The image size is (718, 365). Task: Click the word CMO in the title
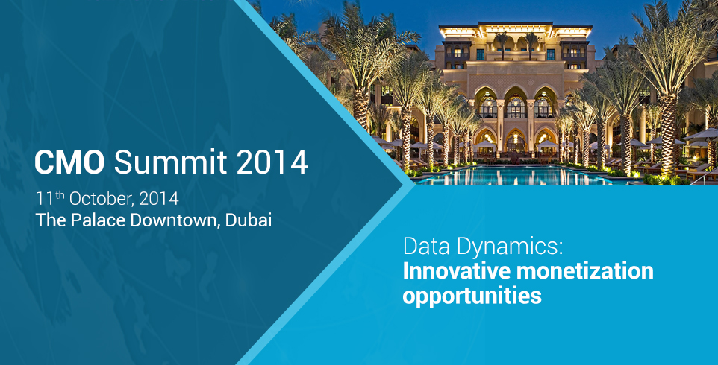point(69,162)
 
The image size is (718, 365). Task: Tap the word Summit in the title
point(170,162)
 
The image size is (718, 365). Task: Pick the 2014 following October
point(158,199)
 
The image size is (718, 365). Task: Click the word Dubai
point(249,220)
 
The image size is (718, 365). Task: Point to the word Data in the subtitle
point(424,247)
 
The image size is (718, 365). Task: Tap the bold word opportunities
point(472,296)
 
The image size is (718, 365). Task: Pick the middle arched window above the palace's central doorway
point(516,105)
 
